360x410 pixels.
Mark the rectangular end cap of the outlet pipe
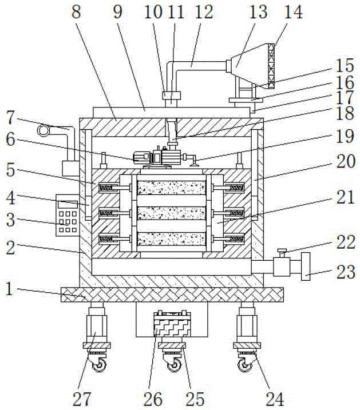[305, 267]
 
